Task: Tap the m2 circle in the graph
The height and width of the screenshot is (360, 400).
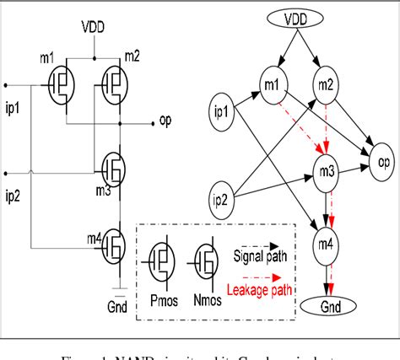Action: (x=327, y=85)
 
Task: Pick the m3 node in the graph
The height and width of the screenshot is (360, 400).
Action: (x=327, y=172)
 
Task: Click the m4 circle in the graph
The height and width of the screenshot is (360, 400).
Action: (x=326, y=244)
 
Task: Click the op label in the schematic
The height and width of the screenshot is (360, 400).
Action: (x=165, y=120)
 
